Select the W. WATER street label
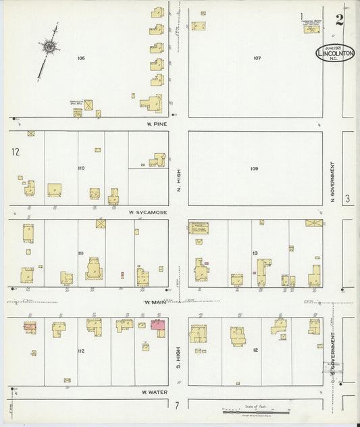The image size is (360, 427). (154, 392)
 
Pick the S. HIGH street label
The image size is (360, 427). (179, 354)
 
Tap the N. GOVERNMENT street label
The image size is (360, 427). (333, 180)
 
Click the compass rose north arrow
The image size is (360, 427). (49, 47)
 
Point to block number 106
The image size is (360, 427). (81, 59)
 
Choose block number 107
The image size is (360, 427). (257, 58)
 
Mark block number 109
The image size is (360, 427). (254, 168)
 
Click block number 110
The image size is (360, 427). (81, 168)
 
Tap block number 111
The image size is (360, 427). (81, 253)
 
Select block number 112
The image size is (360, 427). (81, 351)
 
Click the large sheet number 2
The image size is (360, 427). (339, 20)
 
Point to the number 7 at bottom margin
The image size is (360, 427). (176, 405)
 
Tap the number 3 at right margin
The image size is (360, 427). (346, 199)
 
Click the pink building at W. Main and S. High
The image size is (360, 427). (159, 326)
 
